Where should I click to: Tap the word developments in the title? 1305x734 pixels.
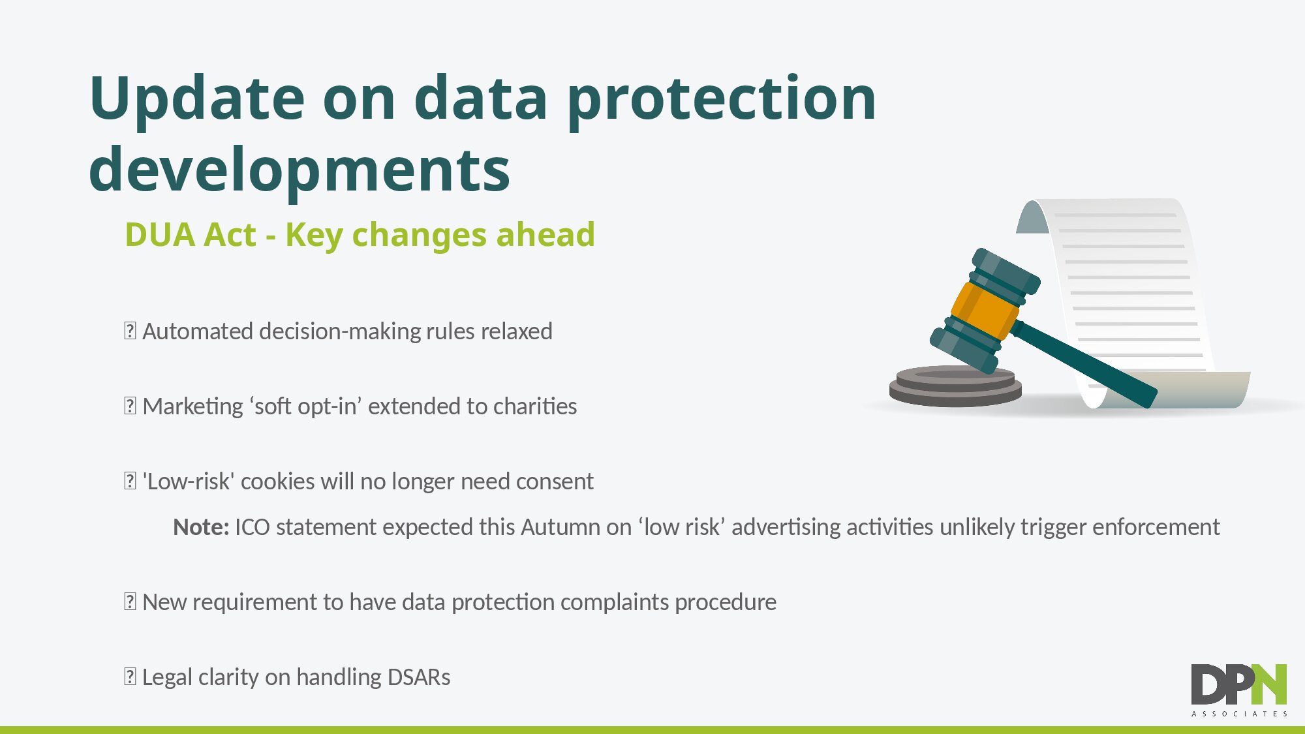coord(299,170)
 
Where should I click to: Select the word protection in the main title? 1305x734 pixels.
coord(722,99)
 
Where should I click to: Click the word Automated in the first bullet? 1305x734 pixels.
coord(198,331)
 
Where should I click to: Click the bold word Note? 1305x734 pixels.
coord(201,527)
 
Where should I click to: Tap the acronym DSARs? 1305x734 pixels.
coord(419,677)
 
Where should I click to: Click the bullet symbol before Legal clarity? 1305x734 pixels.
coord(130,677)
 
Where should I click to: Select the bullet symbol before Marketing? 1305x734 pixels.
coord(130,406)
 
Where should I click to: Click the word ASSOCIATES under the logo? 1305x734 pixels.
coord(1239,714)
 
